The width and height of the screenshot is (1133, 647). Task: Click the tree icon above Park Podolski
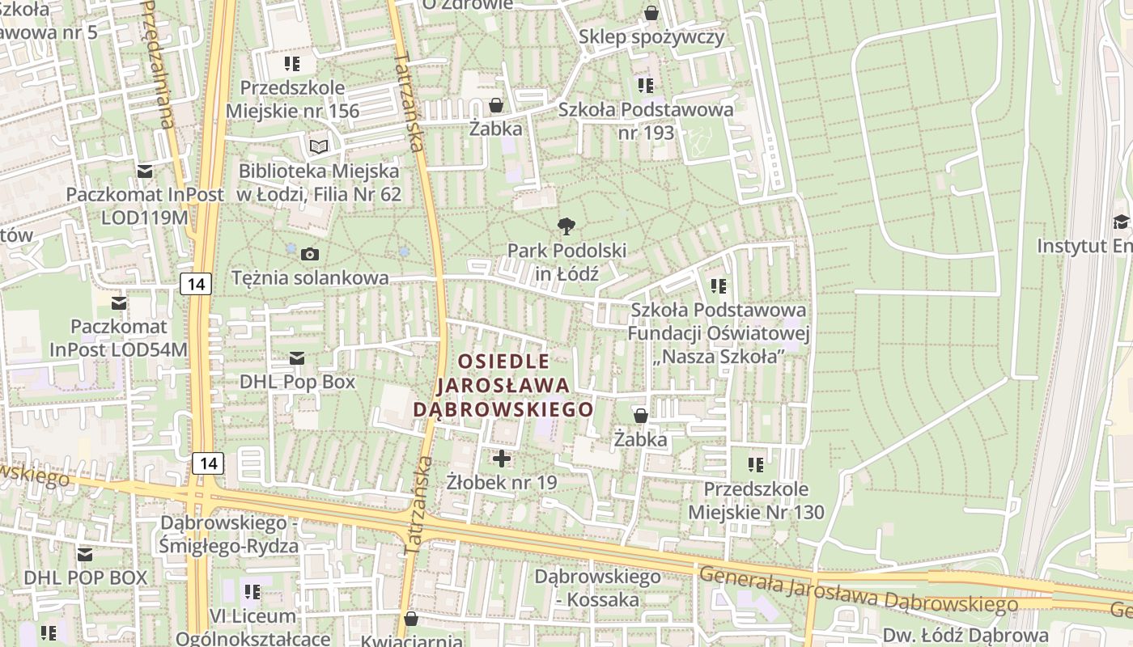pyautogui.click(x=566, y=226)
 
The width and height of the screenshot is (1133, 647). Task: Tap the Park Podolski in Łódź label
pyautogui.click(x=566, y=262)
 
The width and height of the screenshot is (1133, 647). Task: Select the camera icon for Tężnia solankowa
pyautogui.click(x=309, y=255)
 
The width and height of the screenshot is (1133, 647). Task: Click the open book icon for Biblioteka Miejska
pyautogui.click(x=320, y=146)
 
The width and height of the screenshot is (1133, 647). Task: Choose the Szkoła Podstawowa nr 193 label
pyautogui.click(x=646, y=121)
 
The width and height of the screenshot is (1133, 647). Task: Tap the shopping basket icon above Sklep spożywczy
pyautogui.click(x=651, y=13)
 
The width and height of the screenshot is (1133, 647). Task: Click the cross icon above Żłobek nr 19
pyautogui.click(x=502, y=459)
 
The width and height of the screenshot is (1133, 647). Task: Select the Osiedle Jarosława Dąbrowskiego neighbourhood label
pyautogui.click(x=503, y=385)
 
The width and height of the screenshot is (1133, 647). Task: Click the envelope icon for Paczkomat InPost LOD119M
pyautogui.click(x=145, y=171)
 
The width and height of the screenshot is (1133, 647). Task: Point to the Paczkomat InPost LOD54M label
pyautogui.click(x=119, y=338)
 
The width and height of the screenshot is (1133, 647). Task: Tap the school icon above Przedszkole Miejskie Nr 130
pyautogui.click(x=756, y=465)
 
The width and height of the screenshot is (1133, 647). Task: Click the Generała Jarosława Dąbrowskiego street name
pyautogui.click(x=858, y=589)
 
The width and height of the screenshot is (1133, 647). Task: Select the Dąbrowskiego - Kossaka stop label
pyautogui.click(x=597, y=588)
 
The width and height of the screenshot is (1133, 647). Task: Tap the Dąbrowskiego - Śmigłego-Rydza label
pyautogui.click(x=229, y=535)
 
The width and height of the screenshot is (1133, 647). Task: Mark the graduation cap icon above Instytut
pyautogui.click(x=1121, y=222)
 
